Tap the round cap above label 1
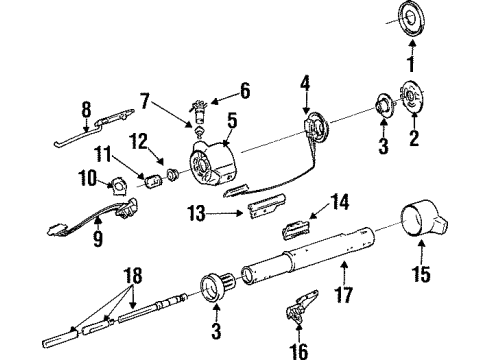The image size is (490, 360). (411, 20)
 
